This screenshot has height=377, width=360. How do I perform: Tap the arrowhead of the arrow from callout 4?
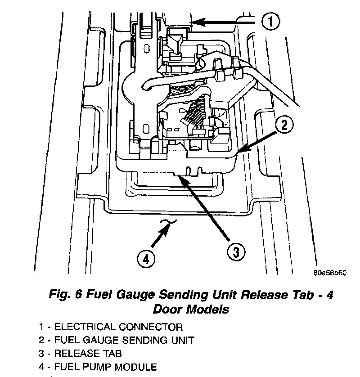(x=169, y=226)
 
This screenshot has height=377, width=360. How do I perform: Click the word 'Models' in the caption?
(x=208, y=310)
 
